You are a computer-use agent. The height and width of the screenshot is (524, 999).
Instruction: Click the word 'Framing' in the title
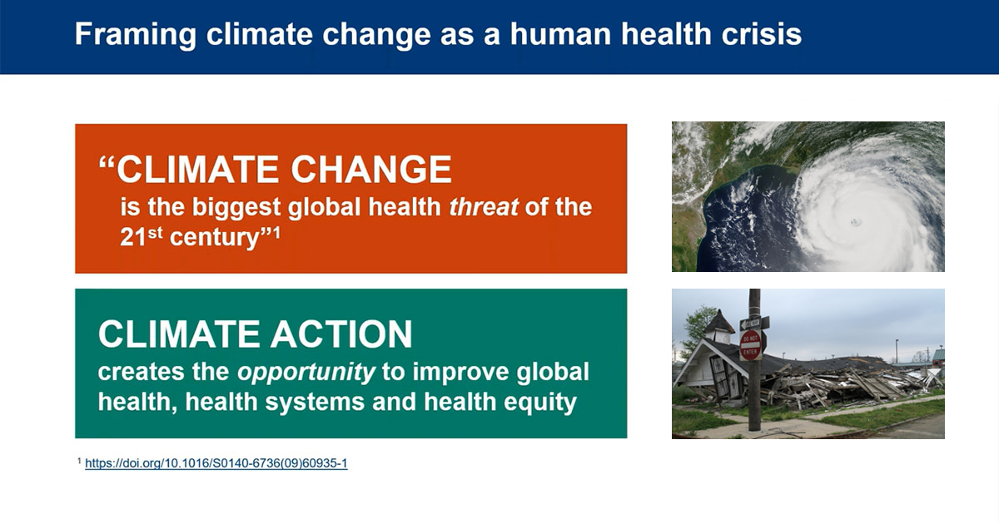pyautogui.click(x=136, y=35)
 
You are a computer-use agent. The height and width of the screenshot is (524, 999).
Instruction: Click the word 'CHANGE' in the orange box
pyautogui.click(x=371, y=170)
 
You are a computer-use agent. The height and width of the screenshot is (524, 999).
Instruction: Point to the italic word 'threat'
pyautogui.click(x=484, y=207)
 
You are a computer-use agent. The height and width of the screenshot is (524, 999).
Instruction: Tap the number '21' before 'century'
pyautogui.click(x=133, y=237)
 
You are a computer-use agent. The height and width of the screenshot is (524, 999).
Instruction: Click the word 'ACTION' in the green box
pyautogui.click(x=341, y=334)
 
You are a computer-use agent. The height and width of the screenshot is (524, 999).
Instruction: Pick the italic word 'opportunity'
pyautogui.click(x=306, y=373)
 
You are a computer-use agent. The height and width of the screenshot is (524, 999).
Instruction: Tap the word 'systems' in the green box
pyautogui.click(x=316, y=403)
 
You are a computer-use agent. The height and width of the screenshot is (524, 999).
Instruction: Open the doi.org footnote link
pyautogui.click(x=216, y=463)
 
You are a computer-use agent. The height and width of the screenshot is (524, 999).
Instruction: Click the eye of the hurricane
pyautogui.click(x=856, y=221)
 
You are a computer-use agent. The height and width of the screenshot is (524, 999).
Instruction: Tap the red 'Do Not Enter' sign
pyautogui.click(x=751, y=345)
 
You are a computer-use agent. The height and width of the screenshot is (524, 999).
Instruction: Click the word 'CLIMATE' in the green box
pyautogui.click(x=178, y=334)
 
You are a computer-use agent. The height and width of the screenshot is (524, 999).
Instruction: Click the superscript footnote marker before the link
pyautogui.click(x=79, y=460)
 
